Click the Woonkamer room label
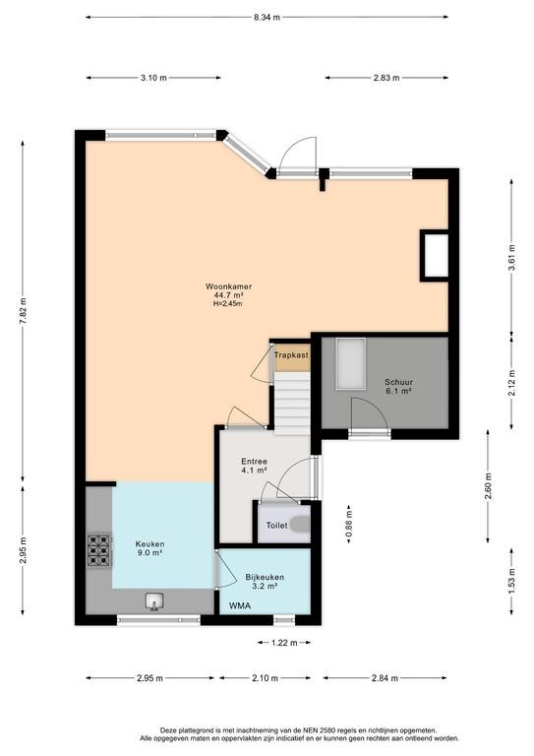(x=228, y=286)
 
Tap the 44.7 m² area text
(x=228, y=295)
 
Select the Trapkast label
(x=291, y=355)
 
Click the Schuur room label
(x=398, y=382)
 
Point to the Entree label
(x=255, y=462)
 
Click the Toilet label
(x=277, y=526)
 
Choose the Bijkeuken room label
(x=265, y=577)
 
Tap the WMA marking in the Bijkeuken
(x=240, y=605)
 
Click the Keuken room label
(x=149, y=543)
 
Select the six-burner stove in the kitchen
(x=99, y=550)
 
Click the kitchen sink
(x=154, y=601)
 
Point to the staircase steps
(x=292, y=403)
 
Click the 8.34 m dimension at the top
(x=267, y=18)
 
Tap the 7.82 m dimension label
(x=23, y=311)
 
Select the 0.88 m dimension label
(x=349, y=524)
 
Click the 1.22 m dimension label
(x=284, y=642)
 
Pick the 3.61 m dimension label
(x=511, y=258)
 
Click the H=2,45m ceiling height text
(x=228, y=304)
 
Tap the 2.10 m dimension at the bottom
(x=265, y=678)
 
